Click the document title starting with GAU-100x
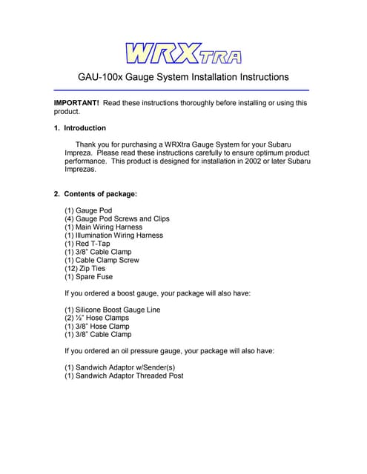tap(183, 77)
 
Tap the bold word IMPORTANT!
tap(76, 103)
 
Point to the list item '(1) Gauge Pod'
tap(88, 210)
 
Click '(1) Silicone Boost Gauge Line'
tap(112, 310)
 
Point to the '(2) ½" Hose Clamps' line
tap(96, 318)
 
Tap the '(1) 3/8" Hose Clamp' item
tap(97, 326)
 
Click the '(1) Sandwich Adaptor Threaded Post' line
tap(124, 375)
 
